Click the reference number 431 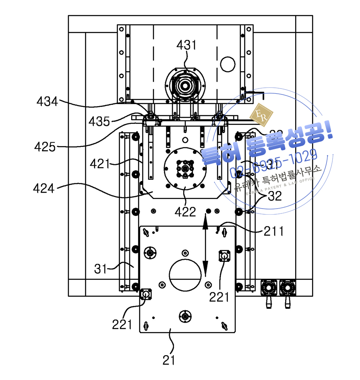pos(187,45)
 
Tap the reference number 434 pos(47,102)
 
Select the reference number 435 pos(99,121)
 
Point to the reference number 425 pos(45,147)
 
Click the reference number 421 pos(100,164)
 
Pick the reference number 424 pos(44,188)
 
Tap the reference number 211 pos(274,231)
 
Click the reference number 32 pos(274,196)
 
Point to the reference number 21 pos(169,360)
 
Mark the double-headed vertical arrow pos(205,245)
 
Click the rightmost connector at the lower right pos(287,288)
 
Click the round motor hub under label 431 pos(185,85)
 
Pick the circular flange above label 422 pos(185,169)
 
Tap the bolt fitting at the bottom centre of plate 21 pos(185,316)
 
